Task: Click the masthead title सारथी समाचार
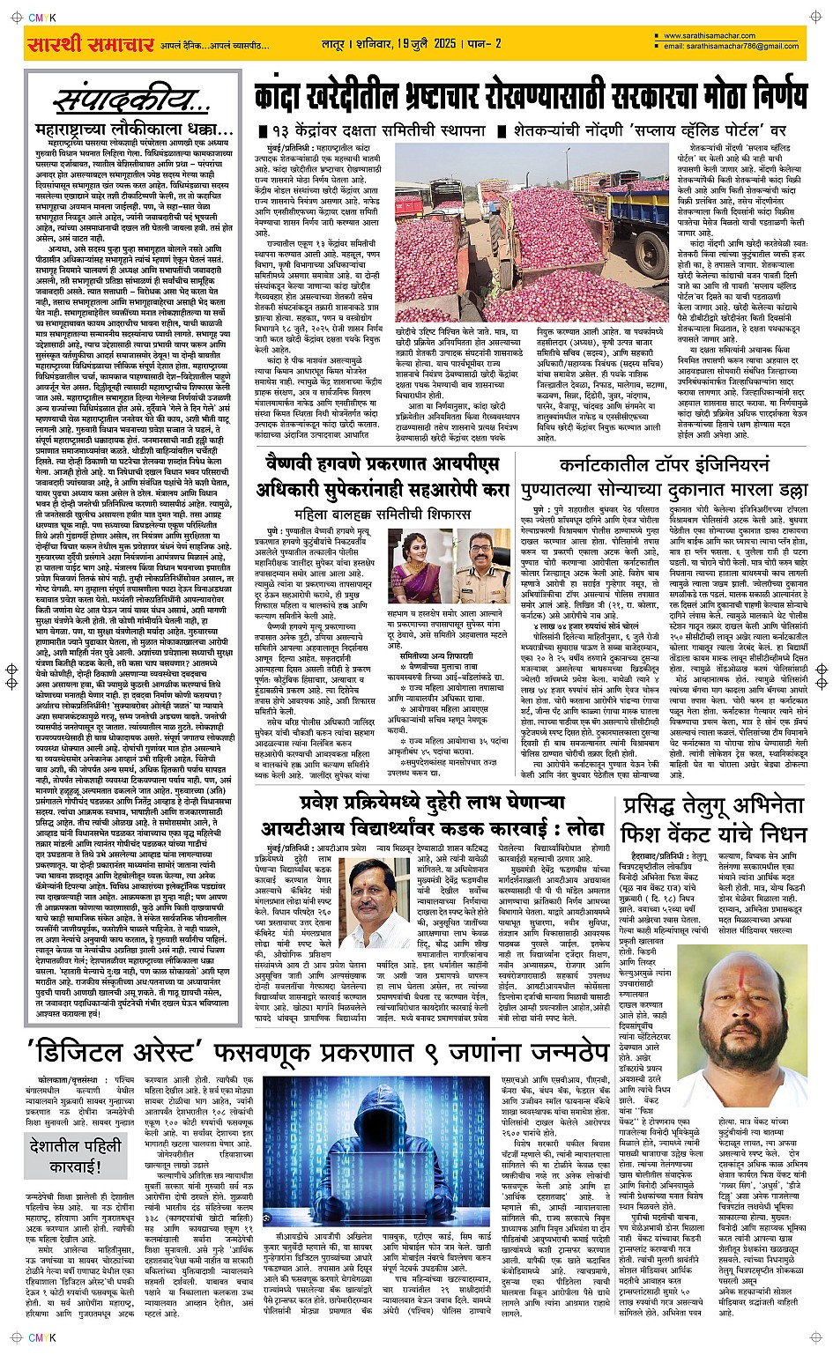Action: (90, 44)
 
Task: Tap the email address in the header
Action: (733, 47)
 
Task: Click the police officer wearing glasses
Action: (481, 569)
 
